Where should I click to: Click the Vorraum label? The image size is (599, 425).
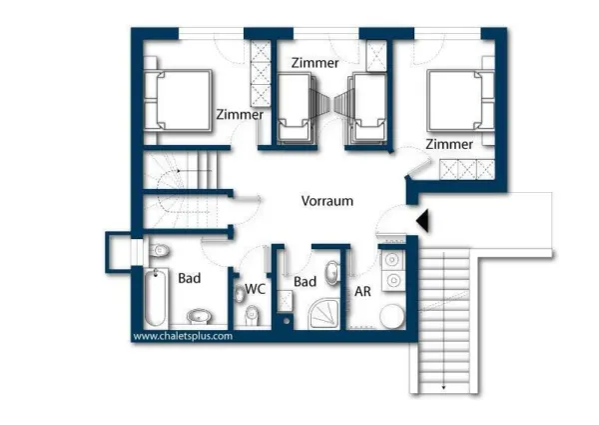click(327, 201)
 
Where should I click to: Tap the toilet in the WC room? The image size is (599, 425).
click(252, 315)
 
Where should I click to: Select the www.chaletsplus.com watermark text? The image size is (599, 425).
click(183, 337)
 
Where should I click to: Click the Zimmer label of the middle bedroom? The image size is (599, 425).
click(314, 63)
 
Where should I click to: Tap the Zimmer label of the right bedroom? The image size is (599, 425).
click(448, 145)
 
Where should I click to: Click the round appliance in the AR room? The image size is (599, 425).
click(391, 316)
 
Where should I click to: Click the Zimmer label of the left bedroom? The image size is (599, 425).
click(240, 115)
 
